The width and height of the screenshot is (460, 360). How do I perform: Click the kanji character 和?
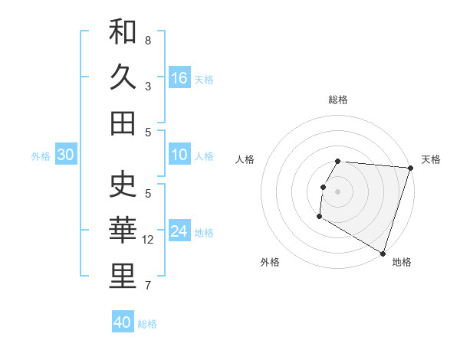point(123,32)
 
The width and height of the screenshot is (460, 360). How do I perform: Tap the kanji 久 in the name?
point(123,77)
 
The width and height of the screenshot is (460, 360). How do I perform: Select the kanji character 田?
point(123,123)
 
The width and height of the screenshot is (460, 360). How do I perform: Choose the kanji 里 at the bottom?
point(123,276)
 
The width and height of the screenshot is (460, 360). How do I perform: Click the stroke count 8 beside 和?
point(148,40)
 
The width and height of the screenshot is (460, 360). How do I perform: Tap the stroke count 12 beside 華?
point(148,240)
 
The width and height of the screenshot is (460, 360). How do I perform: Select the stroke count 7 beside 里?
point(148,286)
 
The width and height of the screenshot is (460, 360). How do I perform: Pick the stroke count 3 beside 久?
point(148,87)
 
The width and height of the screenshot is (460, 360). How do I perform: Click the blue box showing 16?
point(179,77)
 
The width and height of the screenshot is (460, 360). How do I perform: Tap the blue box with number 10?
point(179,155)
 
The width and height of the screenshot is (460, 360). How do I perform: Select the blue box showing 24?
point(179,231)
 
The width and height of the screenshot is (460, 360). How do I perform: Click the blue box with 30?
point(65,155)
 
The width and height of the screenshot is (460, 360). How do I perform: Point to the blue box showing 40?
point(123,322)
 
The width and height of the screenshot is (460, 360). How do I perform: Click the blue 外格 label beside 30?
point(41,156)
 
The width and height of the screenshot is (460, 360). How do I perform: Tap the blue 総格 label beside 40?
point(147,324)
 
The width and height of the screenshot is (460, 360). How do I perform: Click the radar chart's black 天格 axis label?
point(432,159)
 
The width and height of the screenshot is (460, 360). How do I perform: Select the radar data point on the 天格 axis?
point(410,169)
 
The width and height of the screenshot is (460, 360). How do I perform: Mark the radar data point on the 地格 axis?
point(382,252)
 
